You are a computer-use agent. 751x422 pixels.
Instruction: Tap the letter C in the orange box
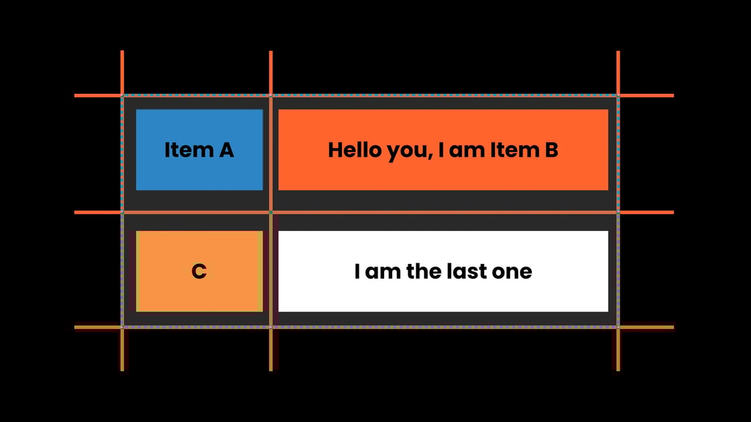(199, 271)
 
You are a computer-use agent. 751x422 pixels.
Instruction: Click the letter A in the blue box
(225, 150)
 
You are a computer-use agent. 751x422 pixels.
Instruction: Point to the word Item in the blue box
(184, 150)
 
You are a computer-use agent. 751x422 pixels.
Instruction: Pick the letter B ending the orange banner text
(551, 150)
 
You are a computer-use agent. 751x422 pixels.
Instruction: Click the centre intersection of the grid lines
(271, 212)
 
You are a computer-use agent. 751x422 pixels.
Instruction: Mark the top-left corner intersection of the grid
(122, 96)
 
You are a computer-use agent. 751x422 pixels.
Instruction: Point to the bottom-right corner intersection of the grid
(618, 328)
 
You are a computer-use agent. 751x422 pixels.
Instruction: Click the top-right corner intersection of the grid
(618, 96)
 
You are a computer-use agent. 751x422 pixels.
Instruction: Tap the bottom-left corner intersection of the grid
(122, 328)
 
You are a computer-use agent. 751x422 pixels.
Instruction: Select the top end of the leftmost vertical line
(122, 52)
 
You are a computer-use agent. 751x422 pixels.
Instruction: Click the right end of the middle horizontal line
(672, 212)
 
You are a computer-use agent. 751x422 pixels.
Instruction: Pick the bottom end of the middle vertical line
(271, 368)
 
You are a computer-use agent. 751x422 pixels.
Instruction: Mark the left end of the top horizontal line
(76, 96)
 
